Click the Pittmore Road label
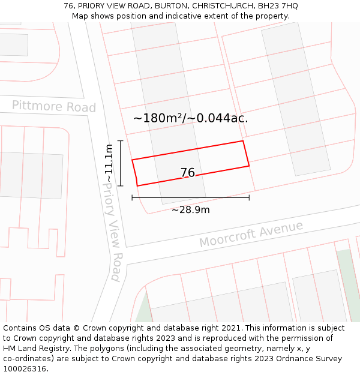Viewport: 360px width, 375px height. tap(54, 106)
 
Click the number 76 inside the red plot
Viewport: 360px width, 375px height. tap(188, 173)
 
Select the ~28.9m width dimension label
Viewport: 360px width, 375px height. tap(191, 210)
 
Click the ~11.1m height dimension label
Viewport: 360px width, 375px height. tap(109, 163)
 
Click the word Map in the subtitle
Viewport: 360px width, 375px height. tap(80, 16)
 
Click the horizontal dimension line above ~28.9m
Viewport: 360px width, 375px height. tap(190, 197)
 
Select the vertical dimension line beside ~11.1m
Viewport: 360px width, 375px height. tap(121, 163)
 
